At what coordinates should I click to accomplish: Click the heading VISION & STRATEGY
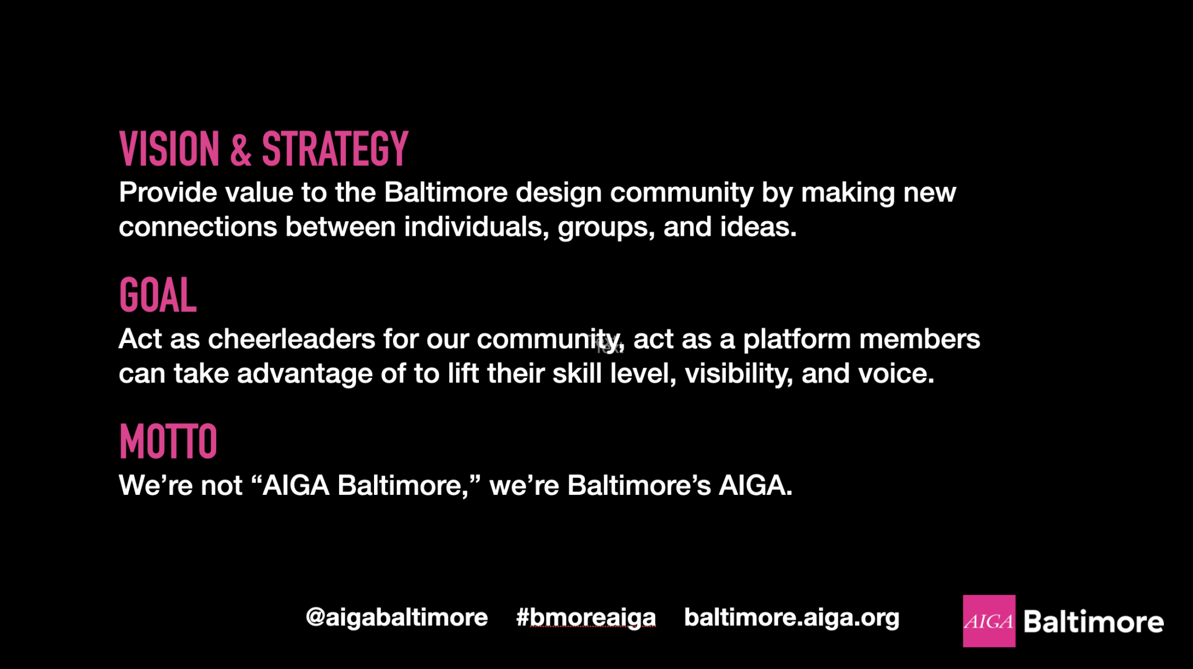263,149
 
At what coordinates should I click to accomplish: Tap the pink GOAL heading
158,295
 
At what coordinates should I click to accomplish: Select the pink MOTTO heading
168,441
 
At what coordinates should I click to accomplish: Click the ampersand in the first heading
241,150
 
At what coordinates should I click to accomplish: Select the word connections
197,227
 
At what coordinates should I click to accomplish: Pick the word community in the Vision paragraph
682,193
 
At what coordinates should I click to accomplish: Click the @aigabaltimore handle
397,618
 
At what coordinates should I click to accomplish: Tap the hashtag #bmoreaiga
585,618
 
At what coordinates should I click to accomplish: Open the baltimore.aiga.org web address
792,618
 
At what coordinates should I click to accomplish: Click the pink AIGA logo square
989,621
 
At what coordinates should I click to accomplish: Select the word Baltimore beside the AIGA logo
1093,622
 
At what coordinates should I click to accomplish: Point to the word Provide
168,193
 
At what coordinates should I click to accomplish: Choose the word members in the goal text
920,339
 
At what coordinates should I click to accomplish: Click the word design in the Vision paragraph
559,193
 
